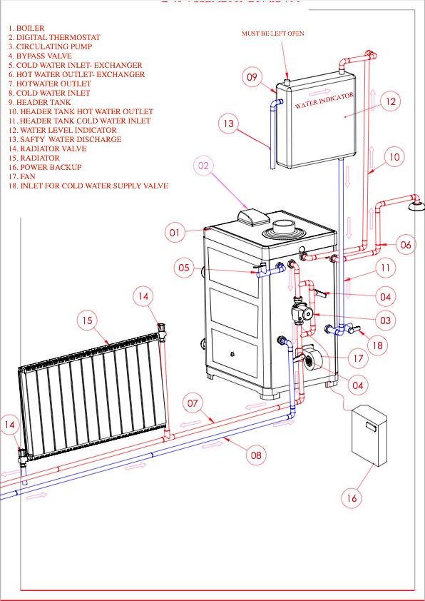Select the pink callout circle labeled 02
point(203,166)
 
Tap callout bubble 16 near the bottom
point(351,498)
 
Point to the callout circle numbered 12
point(390,102)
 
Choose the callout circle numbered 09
point(251,77)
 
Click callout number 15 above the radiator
point(87,321)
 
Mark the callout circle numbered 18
point(378,345)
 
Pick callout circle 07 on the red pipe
point(193,403)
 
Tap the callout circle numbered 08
point(257,453)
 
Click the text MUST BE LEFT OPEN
point(273,33)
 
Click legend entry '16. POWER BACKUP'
point(46,167)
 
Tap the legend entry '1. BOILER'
point(26,29)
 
